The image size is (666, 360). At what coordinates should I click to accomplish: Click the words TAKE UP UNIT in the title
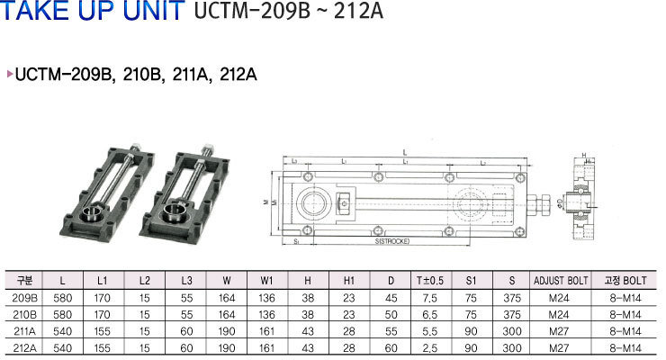click(95, 15)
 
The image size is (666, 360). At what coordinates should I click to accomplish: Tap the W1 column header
click(267, 281)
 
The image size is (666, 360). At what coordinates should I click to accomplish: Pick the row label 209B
click(24, 297)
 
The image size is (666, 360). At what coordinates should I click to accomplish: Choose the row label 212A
click(24, 346)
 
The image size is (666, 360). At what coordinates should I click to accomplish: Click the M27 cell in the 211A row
click(561, 329)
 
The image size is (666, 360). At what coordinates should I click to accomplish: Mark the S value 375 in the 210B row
click(511, 313)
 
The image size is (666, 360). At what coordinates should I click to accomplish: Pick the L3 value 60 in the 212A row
click(185, 346)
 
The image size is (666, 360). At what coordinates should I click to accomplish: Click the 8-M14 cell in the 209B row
click(624, 297)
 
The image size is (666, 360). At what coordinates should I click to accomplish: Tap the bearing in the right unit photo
click(175, 214)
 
